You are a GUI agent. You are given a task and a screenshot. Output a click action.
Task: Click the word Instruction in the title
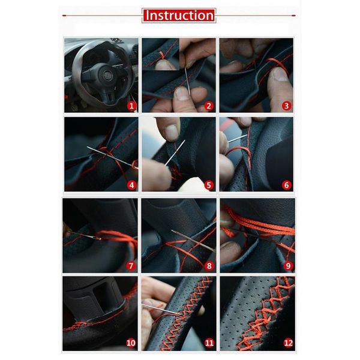tap(179, 15)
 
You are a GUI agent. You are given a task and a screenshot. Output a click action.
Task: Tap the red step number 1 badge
tap(132, 106)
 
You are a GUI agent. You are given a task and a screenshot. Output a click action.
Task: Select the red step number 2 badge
tap(209, 106)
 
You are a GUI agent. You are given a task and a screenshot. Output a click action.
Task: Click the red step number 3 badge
tap(287, 106)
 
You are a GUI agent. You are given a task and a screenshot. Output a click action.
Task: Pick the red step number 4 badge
tap(132, 185)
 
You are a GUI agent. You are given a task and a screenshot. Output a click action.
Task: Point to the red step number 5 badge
tap(209, 185)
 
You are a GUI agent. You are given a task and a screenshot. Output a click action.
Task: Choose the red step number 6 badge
tap(287, 185)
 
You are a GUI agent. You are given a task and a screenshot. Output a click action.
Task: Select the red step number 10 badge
tap(131, 343)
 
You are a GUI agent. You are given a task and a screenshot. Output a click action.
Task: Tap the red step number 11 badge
tap(209, 343)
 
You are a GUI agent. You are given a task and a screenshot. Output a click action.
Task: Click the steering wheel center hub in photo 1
tap(107, 76)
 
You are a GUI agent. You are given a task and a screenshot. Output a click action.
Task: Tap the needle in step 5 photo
tap(175, 154)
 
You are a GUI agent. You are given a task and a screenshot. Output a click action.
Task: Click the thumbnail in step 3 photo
tap(279, 74)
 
